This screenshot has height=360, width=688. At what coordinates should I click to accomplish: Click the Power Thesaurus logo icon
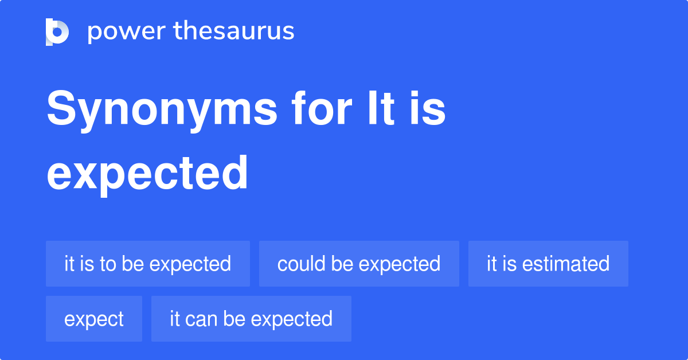(57, 32)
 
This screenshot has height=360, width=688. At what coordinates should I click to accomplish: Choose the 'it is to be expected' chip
(147, 264)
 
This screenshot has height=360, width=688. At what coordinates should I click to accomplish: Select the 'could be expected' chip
(359, 264)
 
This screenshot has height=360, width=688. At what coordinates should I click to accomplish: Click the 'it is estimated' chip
(548, 264)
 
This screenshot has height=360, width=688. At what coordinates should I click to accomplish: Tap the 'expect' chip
(94, 319)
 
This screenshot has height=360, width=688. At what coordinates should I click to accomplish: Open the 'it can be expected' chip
(251, 319)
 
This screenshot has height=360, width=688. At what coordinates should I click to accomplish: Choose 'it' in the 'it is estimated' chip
(492, 264)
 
